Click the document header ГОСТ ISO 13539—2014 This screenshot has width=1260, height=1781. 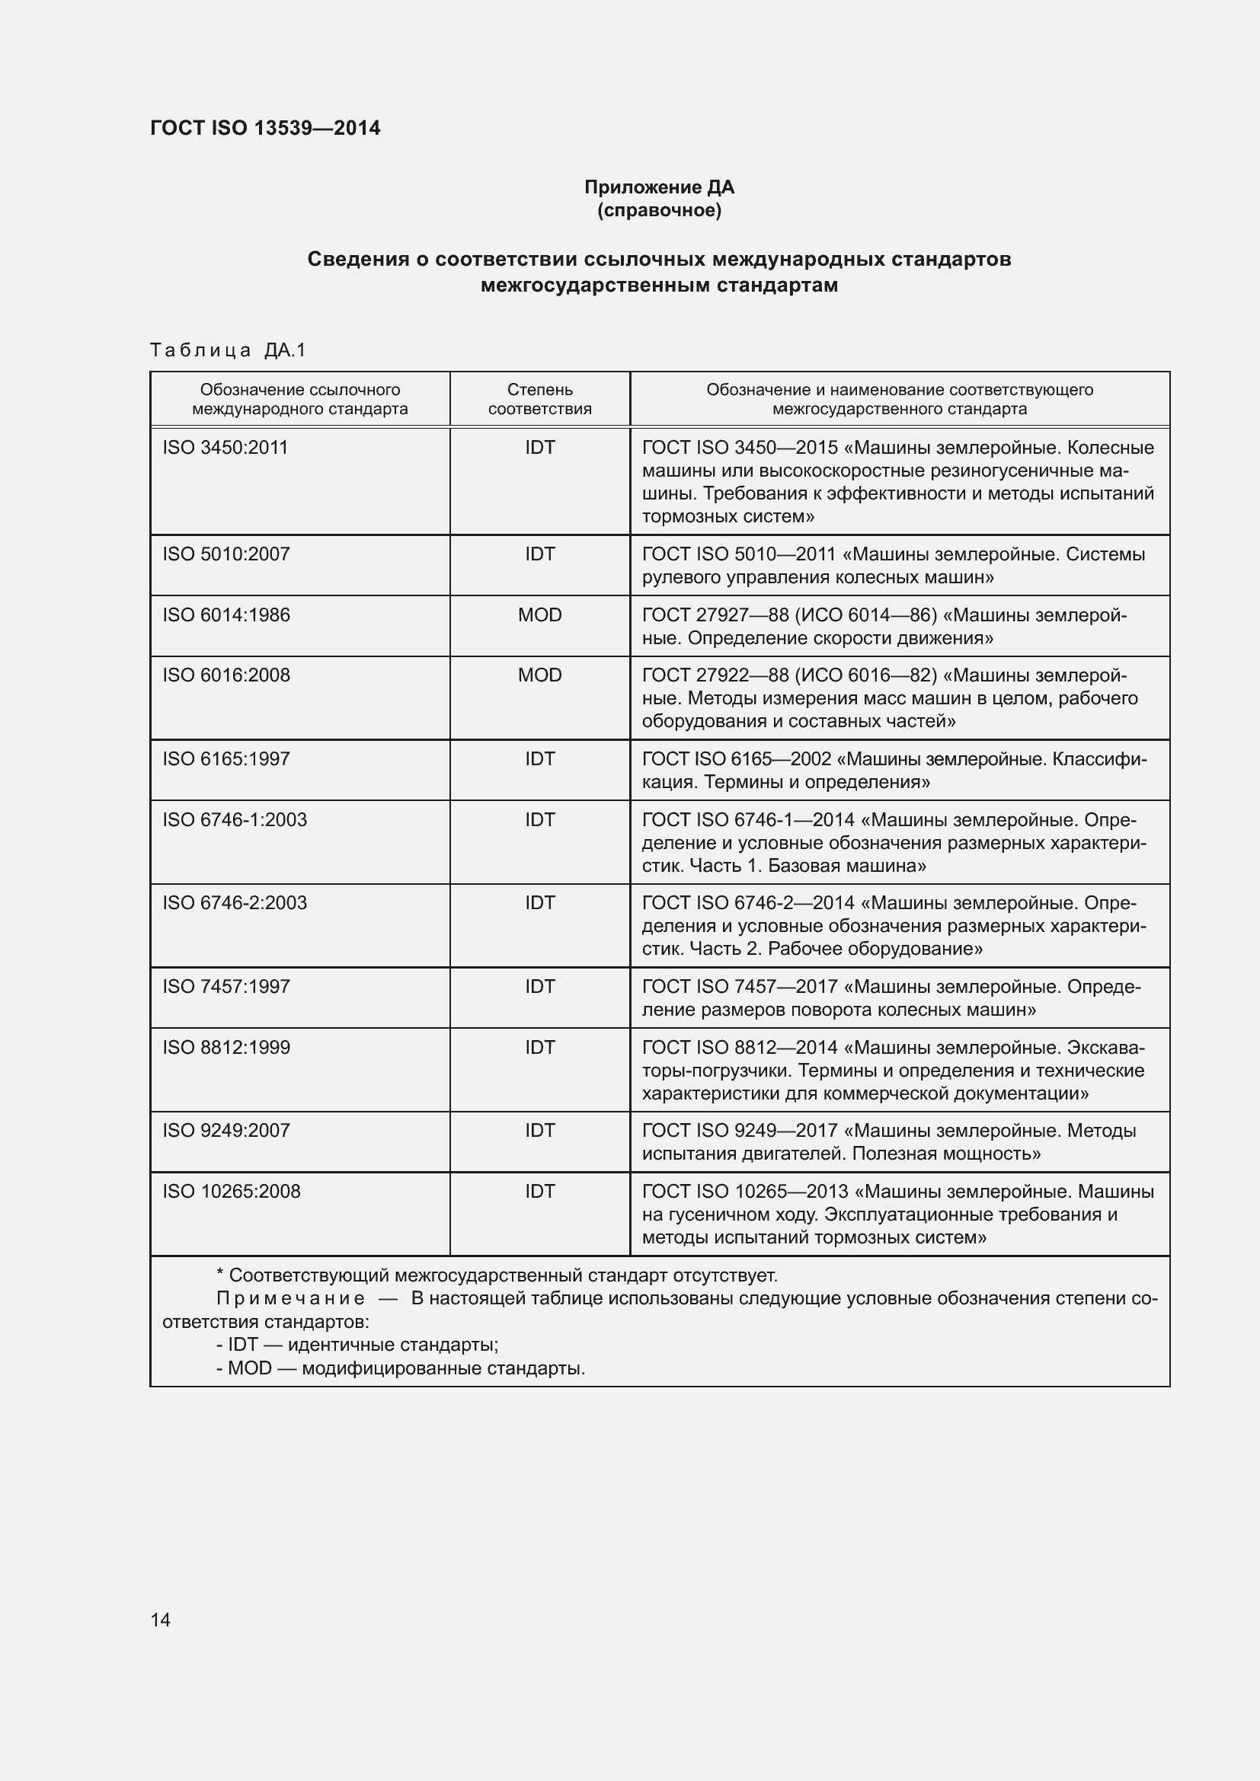point(264,128)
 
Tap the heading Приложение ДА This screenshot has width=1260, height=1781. point(659,187)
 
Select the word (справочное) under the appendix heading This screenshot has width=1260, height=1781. point(659,210)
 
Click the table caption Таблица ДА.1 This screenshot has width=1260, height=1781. point(228,350)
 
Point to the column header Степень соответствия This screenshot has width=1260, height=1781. point(539,399)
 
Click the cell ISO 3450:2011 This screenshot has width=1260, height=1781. point(225,448)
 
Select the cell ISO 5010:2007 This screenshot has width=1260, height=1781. point(225,554)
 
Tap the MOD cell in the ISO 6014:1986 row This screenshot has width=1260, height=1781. point(539,615)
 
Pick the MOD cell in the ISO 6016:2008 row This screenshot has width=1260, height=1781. point(539,675)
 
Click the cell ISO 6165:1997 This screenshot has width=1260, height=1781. point(225,758)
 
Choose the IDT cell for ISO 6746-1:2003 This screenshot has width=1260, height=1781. point(539,820)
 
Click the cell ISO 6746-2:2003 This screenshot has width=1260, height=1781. point(235,903)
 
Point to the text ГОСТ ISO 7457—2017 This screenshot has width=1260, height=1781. point(740,987)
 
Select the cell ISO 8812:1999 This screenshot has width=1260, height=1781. point(225,1047)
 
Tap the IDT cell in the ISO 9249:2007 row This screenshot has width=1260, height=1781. point(539,1130)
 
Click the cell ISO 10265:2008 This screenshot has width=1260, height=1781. point(232,1191)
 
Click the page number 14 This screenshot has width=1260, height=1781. point(161,1620)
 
